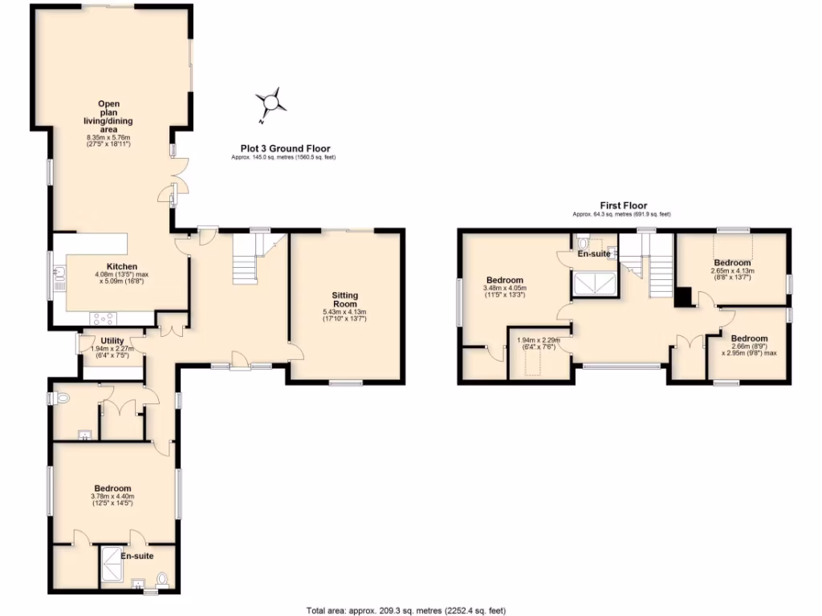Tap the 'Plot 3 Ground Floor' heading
coord(286,148)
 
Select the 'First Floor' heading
coord(622,206)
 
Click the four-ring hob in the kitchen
coord(103,317)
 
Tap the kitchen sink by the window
coord(59,279)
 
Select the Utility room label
coord(112,341)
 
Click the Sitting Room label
coord(344,299)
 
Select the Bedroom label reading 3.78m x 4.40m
coord(112,488)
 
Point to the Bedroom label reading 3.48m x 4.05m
coord(503,280)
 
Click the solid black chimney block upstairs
coord(683,298)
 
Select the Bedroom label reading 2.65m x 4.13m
coord(731,263)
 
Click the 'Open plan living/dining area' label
coord(108,116)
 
